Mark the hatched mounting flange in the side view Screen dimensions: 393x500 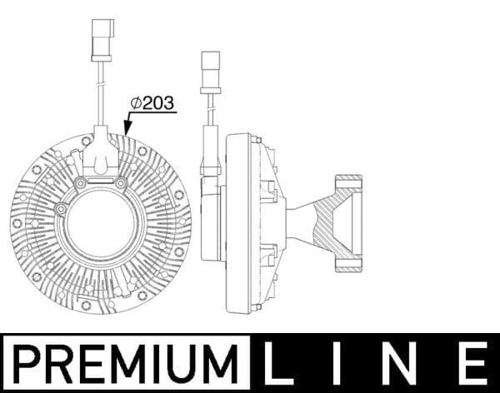(x=347, y=223)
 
